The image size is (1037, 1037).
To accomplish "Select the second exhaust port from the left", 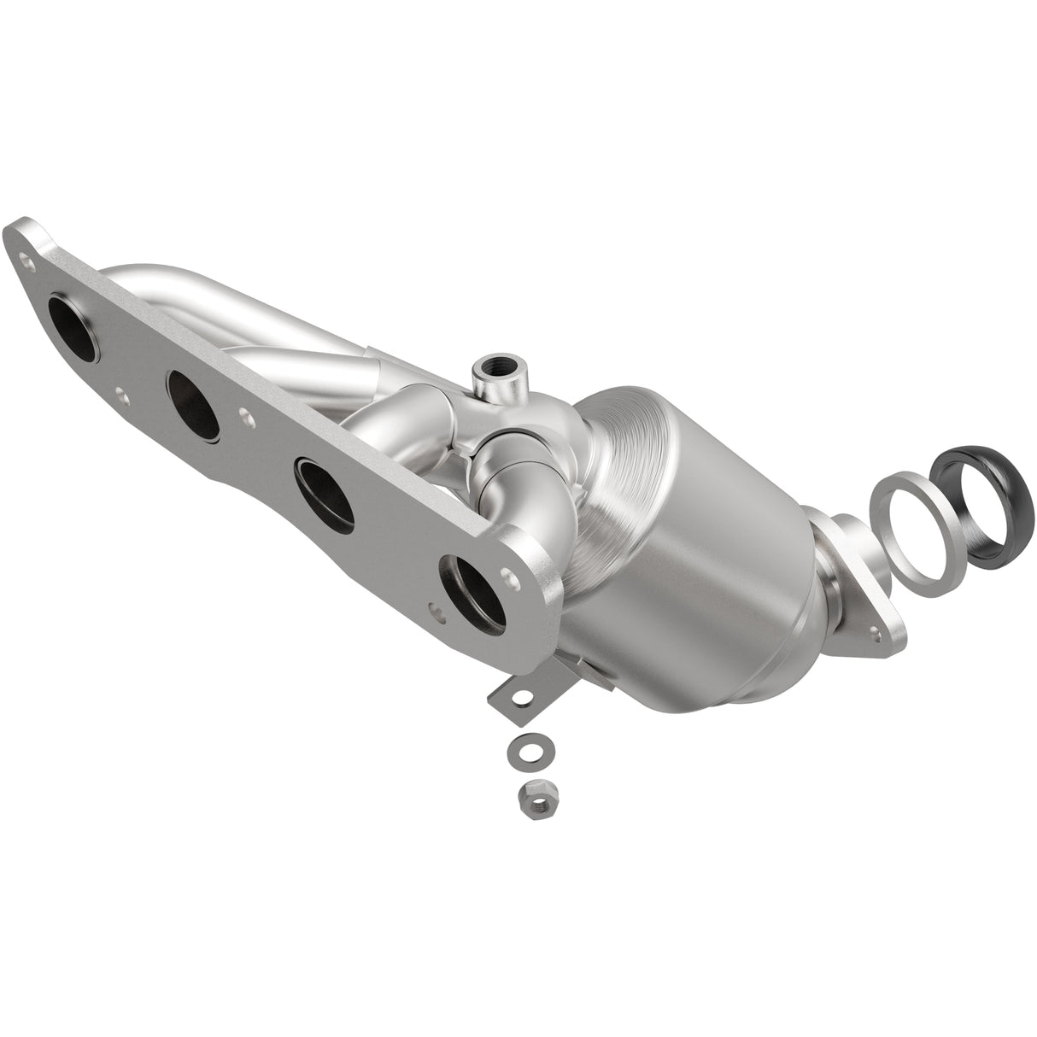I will (x=196, y=398).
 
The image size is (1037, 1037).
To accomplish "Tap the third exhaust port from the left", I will (x=325, y=491).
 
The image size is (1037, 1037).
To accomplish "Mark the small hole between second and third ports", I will (x=248, y=419).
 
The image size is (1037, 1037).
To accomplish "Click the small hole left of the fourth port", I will (x=437, y=612).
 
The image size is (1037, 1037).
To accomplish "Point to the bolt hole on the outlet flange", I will (x=876, y=633).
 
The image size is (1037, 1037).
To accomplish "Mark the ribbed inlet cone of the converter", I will (x=632, y=444).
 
